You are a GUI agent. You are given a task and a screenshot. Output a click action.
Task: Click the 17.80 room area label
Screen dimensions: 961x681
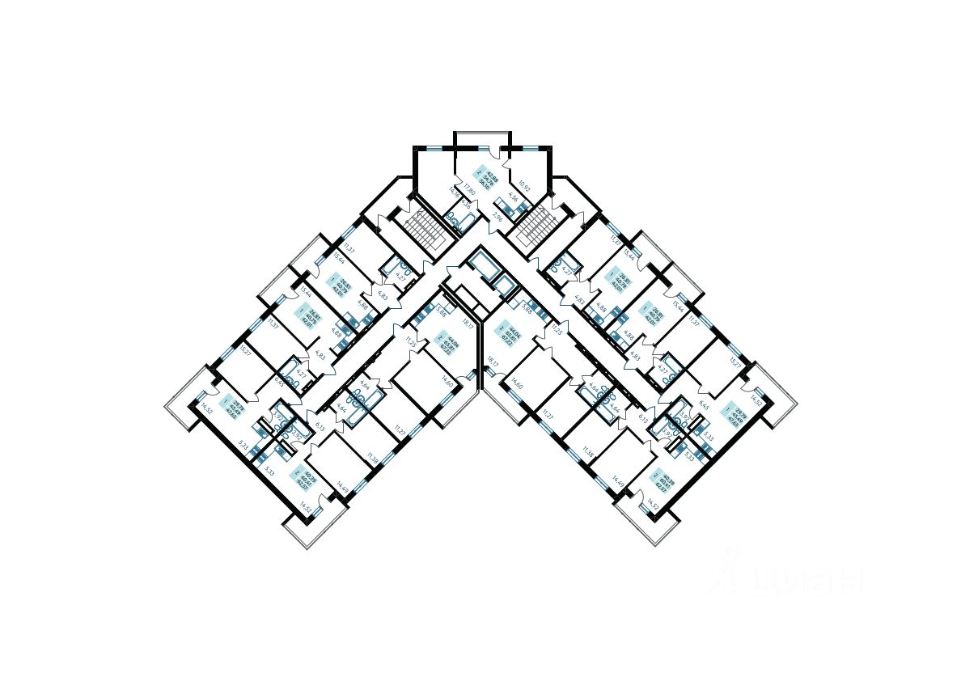[469, 191]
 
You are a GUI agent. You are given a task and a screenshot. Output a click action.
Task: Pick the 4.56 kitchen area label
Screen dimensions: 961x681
[511, 198]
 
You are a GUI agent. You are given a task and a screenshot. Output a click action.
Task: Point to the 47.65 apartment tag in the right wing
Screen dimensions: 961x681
[735, 413]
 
